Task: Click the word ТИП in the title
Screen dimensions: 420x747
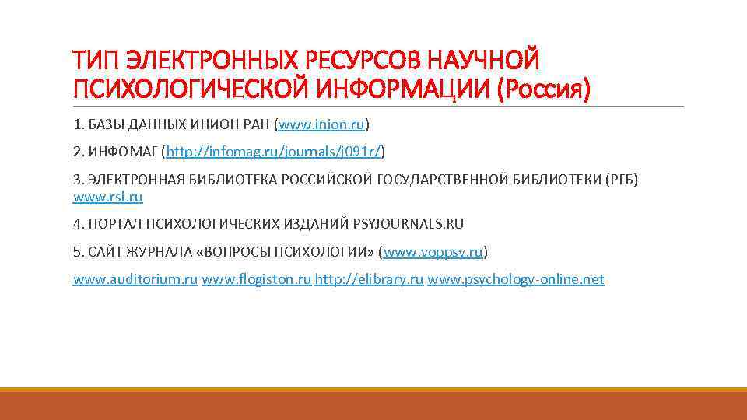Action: pyautogui.click(x=96, y=59)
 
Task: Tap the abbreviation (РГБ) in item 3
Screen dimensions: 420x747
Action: pyautogui.click(x=621, y=180)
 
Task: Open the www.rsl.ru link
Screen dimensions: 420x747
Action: pyautogui.click(x=108, y=197)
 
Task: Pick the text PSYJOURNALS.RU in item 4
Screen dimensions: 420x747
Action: pyautogui.click(x=408, y=224)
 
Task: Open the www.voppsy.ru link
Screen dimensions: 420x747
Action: pyautogui.click(x=434, y=252)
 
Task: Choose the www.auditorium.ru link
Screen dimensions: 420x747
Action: pyautogui.click(x=135, y=279)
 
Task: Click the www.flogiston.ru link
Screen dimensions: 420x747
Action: pyautogui.click(x=256, y=279)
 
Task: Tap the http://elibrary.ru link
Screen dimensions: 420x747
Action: pyautogui.click(x=369, y=279)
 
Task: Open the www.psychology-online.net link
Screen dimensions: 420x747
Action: pyautogui.click(x=515, y=279)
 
